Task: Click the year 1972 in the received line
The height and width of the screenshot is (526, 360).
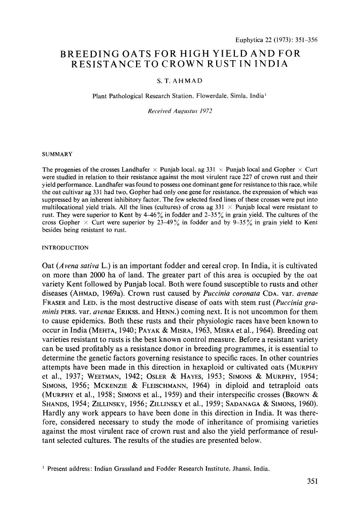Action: pos(205,111)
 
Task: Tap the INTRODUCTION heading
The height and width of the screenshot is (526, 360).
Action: pos(66,248)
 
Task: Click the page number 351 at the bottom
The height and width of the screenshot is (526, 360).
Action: pos(312,481)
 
